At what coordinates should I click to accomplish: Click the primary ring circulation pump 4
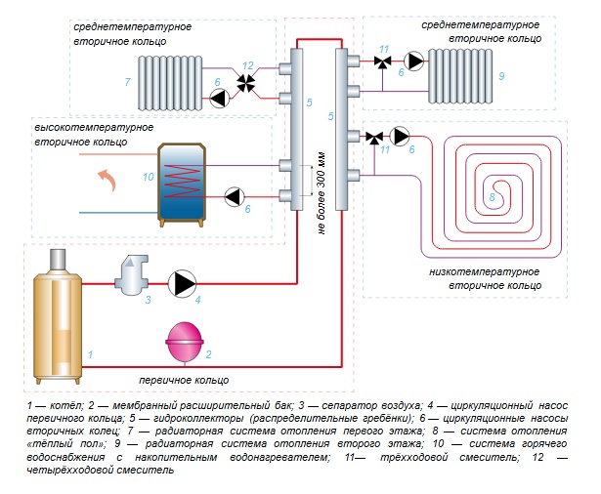[x=183, y=284]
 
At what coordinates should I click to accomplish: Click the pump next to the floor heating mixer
[x=400, y=135]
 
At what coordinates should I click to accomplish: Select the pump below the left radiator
[x=217, y=96]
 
